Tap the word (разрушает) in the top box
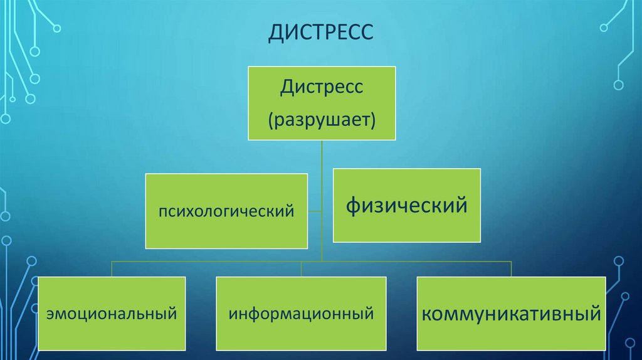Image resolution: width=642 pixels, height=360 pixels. [322, 119]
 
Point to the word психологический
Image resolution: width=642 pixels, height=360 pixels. [226, 211]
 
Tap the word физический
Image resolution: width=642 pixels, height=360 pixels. [407, 205]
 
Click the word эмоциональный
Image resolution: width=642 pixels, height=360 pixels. [111, 312]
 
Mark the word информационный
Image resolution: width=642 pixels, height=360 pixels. [301, 312]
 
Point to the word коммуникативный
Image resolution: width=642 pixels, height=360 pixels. [511, 312]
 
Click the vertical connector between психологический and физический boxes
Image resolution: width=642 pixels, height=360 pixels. [321, 207]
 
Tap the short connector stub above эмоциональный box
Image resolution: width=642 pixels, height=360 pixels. [112, 268]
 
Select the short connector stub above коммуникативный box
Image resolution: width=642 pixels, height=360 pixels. [511, 268]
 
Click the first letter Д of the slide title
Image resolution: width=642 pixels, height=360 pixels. [274, 32]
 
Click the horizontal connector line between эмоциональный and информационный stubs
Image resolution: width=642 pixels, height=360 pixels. [207, 261]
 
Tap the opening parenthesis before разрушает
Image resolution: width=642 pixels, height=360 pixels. [270, 119]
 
